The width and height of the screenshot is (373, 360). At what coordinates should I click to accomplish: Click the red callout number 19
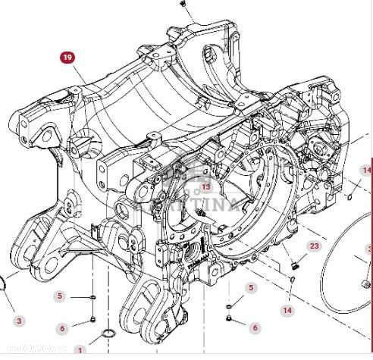[x=68, y=57]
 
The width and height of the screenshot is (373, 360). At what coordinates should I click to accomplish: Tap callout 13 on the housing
[x=205, y=187]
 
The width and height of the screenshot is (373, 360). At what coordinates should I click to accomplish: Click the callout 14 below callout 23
[x=287, y=310]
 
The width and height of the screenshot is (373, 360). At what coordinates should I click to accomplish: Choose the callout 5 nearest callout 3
[x=61, y=296]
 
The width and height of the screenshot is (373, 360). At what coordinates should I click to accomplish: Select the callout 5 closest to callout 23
[x=251, y=287]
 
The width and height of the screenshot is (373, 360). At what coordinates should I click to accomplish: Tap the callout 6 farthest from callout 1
[x=255, y=327]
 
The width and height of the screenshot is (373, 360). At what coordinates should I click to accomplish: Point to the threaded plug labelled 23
[x=296, y=266]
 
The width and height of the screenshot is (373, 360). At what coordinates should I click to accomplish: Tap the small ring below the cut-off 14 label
[x=351, y=195]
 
